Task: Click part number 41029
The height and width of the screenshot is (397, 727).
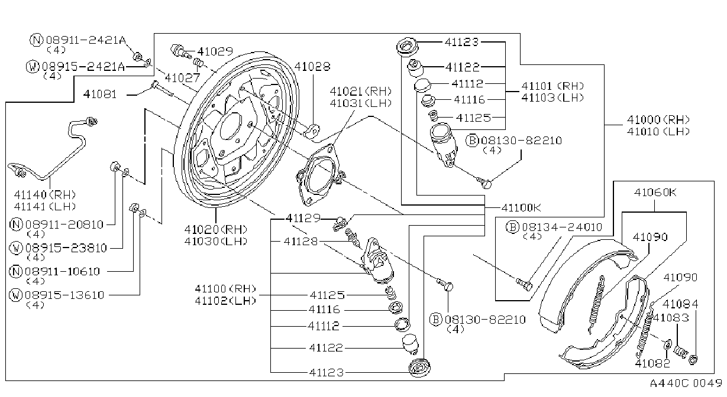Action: [x=215, y=51]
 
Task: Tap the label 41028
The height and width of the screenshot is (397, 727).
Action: [x=312, y=66]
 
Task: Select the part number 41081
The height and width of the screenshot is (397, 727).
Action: [x=100, y=95]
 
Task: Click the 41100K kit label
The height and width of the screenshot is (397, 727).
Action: [x=521, y=207]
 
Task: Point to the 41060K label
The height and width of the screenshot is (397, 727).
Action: [x=655, y=193]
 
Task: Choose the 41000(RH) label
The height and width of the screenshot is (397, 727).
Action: [x=658, y=119]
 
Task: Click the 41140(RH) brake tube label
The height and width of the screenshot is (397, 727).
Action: [x=45, y=195]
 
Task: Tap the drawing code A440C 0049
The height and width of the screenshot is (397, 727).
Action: [x=686, y=383]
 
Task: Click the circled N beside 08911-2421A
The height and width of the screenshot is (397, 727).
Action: [x=36, y=40]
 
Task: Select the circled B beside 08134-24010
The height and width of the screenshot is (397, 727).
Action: [x=512, y=227]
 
